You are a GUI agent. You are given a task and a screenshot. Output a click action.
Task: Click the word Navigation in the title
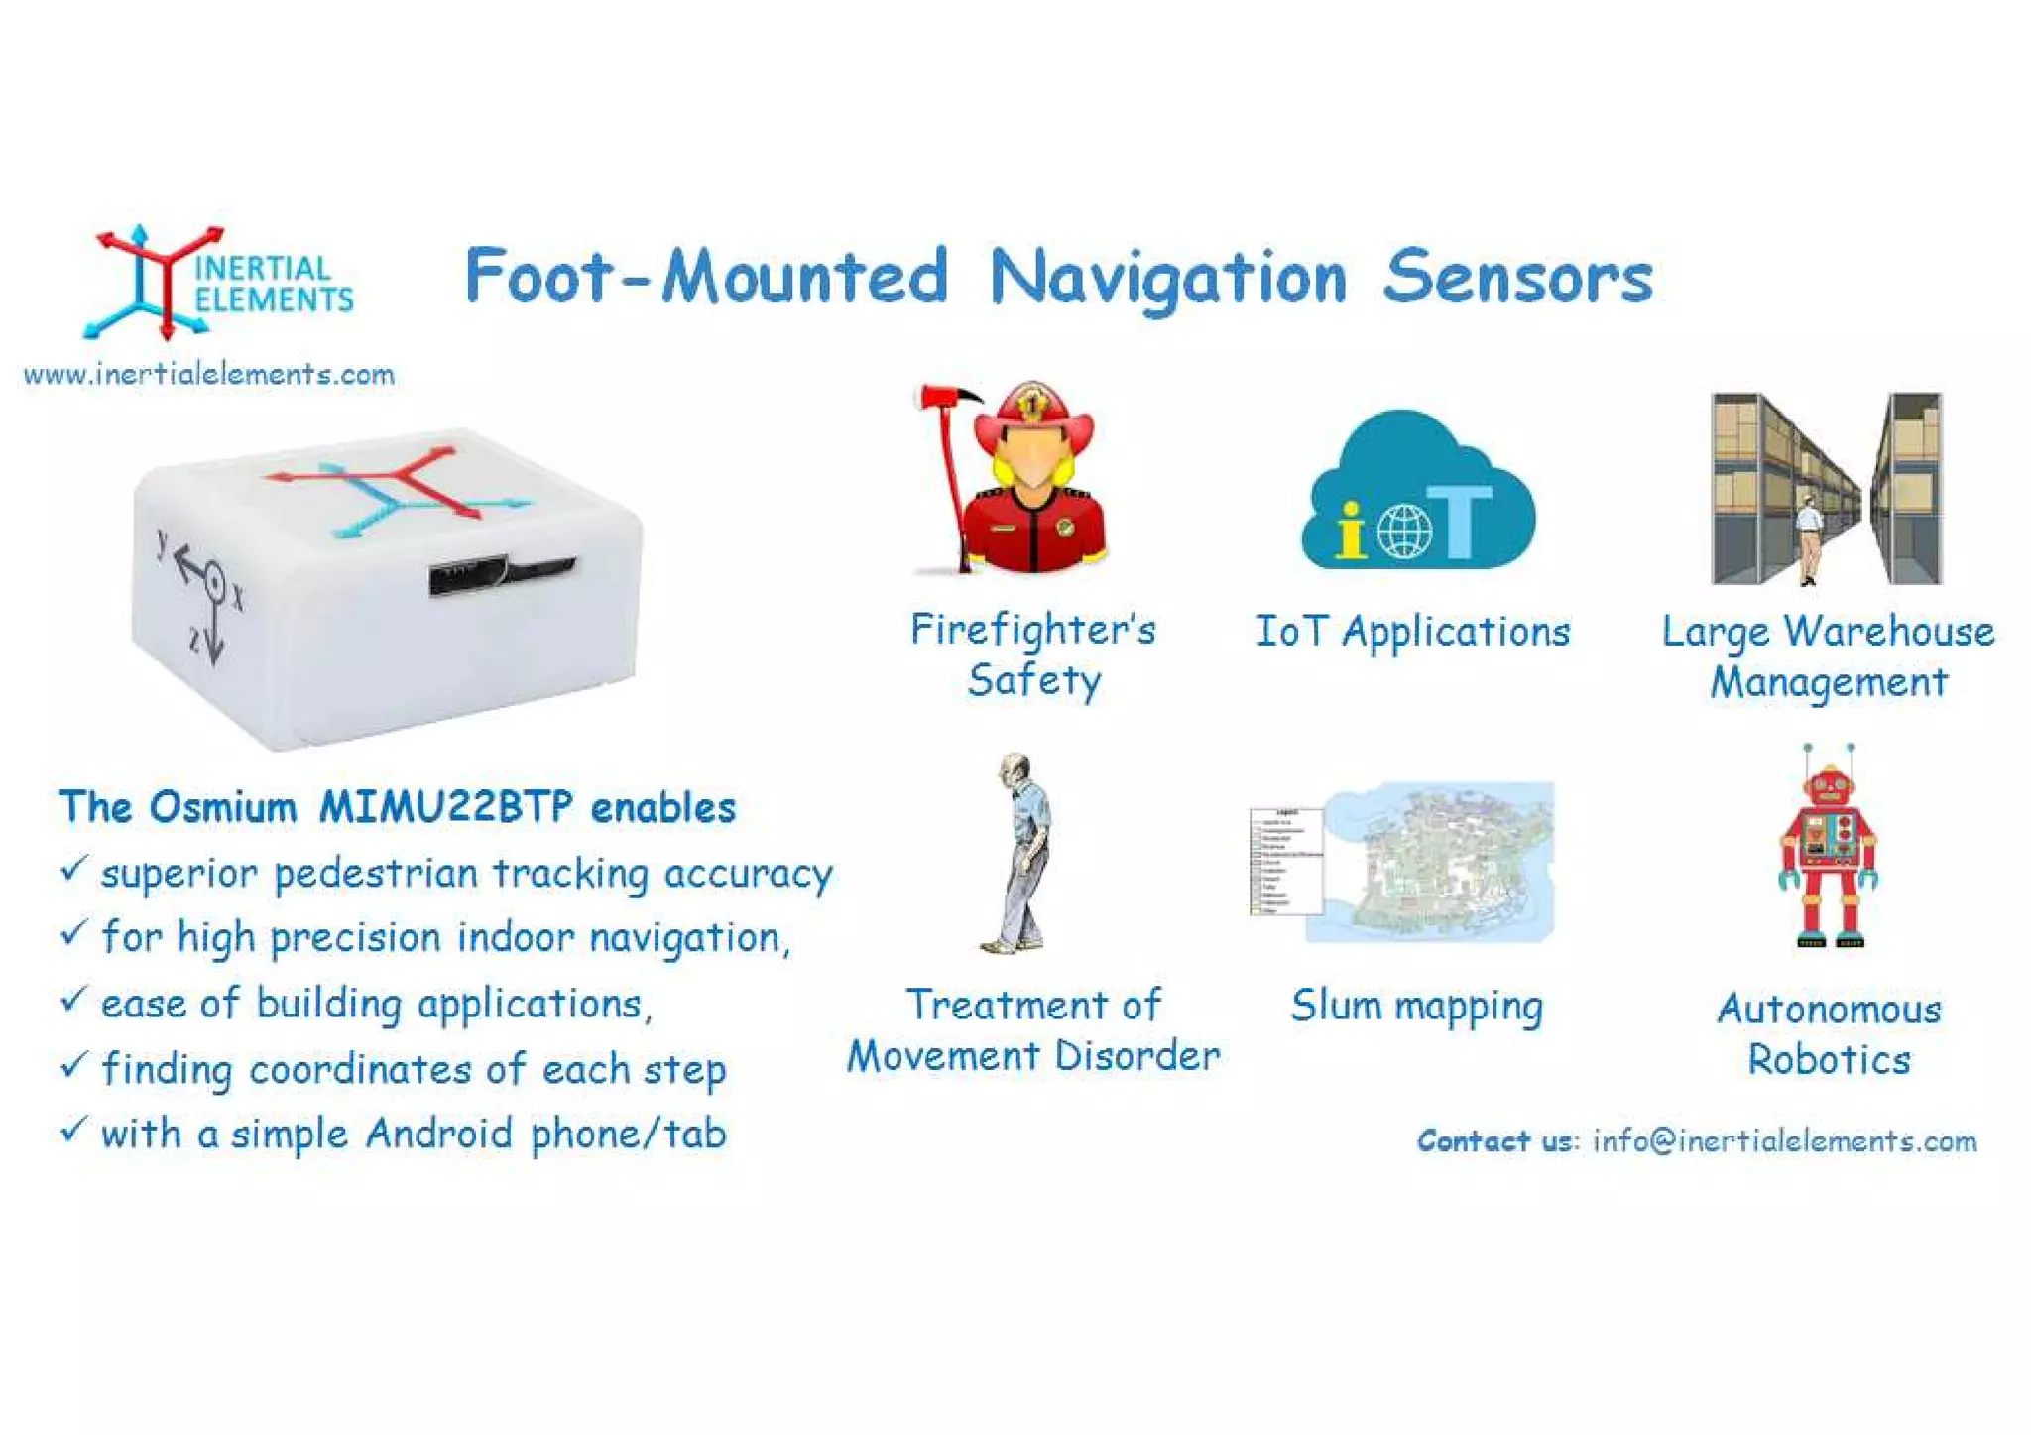[x=1168, y=278]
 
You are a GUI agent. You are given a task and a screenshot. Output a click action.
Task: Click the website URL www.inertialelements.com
[x=209, y=375]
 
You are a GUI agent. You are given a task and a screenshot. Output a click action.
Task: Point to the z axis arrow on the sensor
[x=214, y=635]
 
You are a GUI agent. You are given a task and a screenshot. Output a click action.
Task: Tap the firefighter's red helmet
[x=1033, y=417]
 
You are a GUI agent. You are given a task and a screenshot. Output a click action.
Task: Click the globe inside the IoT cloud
[x=1404, y=531]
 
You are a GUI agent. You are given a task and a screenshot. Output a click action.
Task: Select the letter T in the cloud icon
[x=1462, y=521]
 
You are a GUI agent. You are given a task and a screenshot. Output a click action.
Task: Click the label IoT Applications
[x=1413, y=632]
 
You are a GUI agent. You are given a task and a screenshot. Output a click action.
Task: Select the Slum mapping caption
[x=1416, y=1006]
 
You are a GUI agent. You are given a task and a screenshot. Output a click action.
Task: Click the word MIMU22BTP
[x=445, y=807]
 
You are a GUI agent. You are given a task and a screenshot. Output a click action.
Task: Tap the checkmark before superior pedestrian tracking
[x=74, y=869]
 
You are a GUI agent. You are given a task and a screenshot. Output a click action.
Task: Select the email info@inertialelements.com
[x=1784, y=1140]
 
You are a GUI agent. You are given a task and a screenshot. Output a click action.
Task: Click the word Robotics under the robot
[x=1829, y=1060]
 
